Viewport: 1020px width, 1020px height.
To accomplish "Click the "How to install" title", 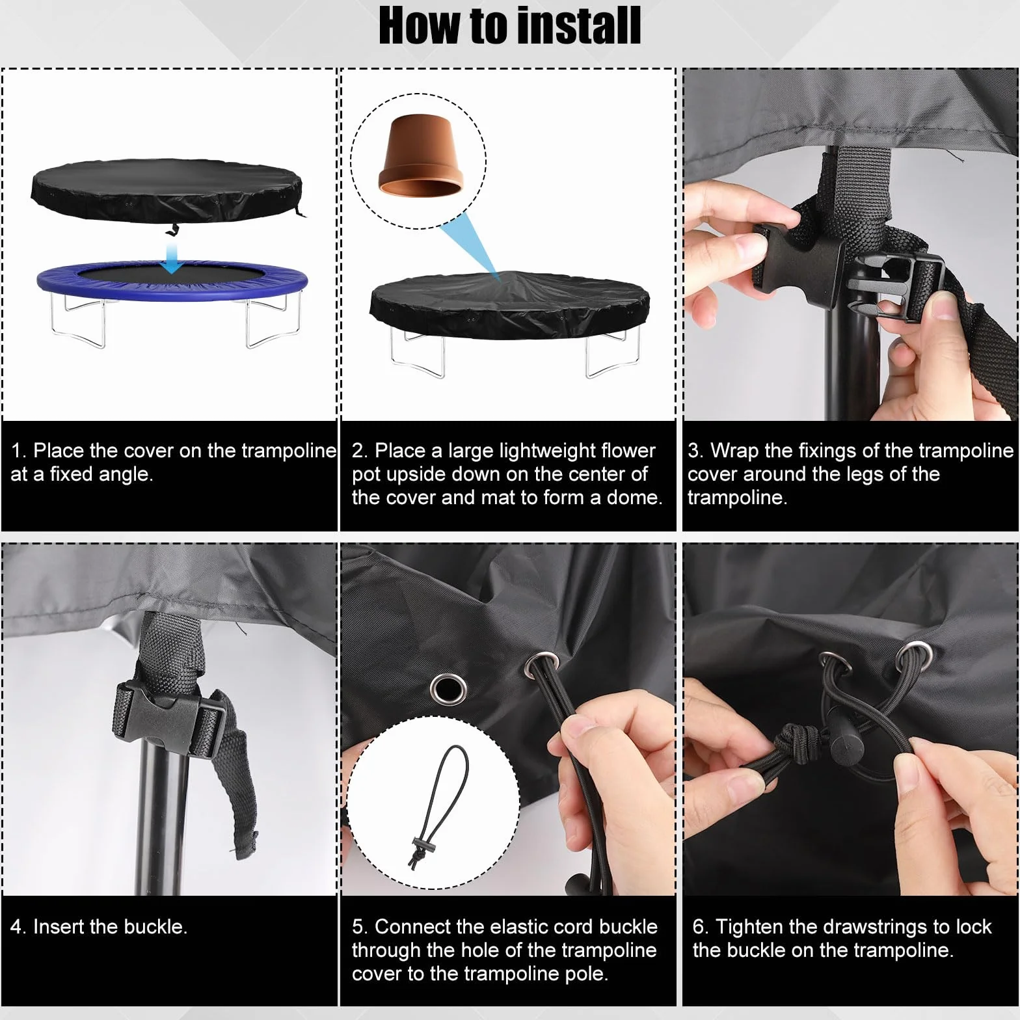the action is coord(510,27).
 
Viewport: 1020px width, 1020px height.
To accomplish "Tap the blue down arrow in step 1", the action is coord(172,257).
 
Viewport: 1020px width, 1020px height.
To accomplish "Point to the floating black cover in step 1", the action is coord(168,193).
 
